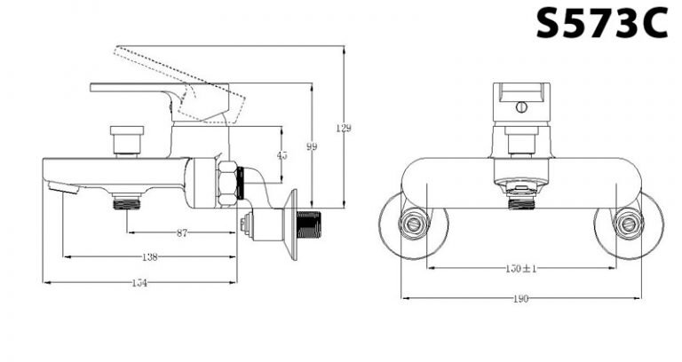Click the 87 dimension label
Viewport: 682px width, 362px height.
pos(182,232)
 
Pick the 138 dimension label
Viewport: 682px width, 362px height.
pos(150,257)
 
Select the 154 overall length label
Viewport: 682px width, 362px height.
pos(139,283)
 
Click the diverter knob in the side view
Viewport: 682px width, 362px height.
pos(126,140)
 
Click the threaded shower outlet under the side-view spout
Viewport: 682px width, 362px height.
pos(128,202)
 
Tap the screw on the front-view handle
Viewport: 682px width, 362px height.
pos(521,107)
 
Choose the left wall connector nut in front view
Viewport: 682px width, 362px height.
pos(413,225)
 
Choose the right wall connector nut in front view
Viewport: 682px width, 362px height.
pos(629,225)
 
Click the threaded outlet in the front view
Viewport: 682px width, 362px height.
pos(521,201)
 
